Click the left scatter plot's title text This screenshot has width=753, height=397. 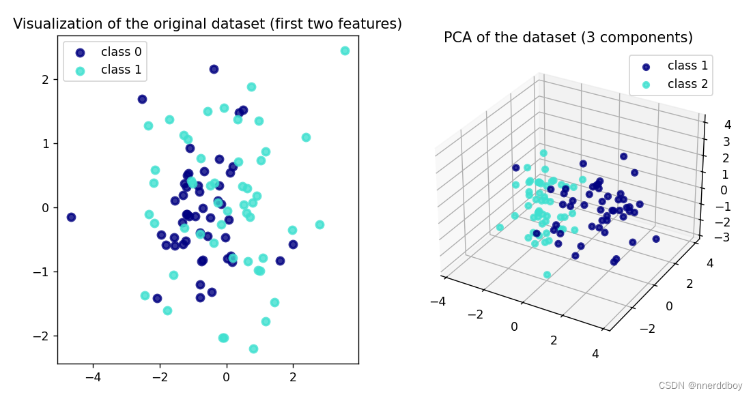208,24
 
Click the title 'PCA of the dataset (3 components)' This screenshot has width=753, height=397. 568,38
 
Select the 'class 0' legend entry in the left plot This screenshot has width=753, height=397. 121,52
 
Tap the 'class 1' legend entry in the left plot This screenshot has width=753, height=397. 121,70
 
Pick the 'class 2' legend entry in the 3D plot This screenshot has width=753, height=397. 687,85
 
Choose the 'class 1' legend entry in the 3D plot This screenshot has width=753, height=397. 687,66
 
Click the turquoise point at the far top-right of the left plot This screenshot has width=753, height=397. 345,51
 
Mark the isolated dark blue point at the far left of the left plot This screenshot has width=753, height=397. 71,217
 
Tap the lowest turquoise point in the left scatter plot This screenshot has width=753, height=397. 253,349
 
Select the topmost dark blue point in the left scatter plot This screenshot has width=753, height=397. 214,69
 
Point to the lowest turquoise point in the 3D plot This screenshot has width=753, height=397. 547,275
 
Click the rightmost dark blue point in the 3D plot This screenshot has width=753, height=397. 656,239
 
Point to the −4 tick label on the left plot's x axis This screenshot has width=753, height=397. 94,377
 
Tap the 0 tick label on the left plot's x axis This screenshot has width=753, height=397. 226,377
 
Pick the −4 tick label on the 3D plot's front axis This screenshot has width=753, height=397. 438,300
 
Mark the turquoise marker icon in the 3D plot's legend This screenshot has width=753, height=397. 646,85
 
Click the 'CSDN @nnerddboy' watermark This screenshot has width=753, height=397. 700,385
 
